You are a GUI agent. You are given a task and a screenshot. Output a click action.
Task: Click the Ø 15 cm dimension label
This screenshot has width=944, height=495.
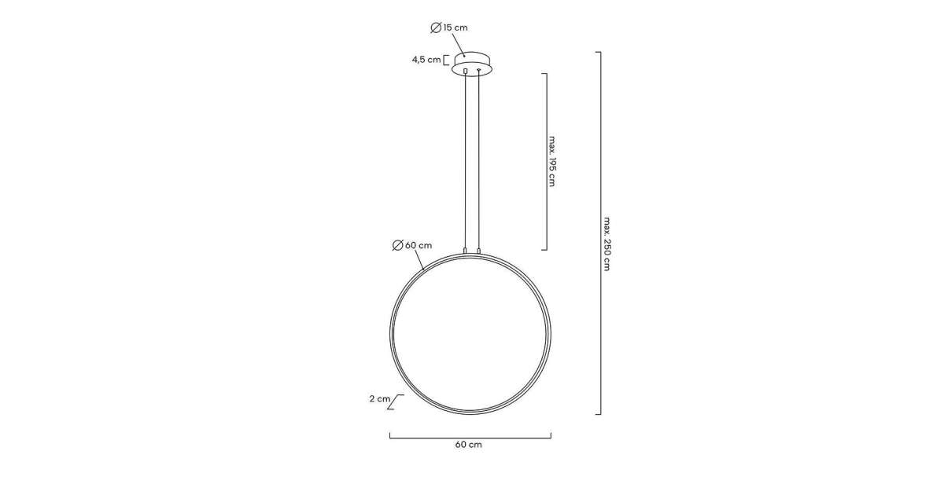pyautogui.click(x=449, y=27)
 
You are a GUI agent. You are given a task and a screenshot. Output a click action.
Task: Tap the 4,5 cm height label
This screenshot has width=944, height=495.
pyautogui.click(x=426, y=60)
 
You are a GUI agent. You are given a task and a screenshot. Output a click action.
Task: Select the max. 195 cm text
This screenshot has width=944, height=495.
pyautogui.click(x=552, y=161)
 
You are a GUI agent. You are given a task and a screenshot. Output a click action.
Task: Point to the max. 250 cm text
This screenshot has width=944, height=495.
pyautogui.click(x=607, y=244)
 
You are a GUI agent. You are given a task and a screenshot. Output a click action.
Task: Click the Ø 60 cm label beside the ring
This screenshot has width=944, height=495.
pyautogui.click(x=411, y=245)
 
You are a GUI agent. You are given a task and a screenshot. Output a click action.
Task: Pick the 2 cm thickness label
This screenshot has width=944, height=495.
pyautogui.click(x=380, y=398)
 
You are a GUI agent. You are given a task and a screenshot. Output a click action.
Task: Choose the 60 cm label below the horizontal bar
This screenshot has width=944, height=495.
pyautogui.click(x=468, y=445)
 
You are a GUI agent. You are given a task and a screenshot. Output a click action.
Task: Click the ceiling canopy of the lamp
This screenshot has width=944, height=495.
pyautogui.click(x=471, y=64)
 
